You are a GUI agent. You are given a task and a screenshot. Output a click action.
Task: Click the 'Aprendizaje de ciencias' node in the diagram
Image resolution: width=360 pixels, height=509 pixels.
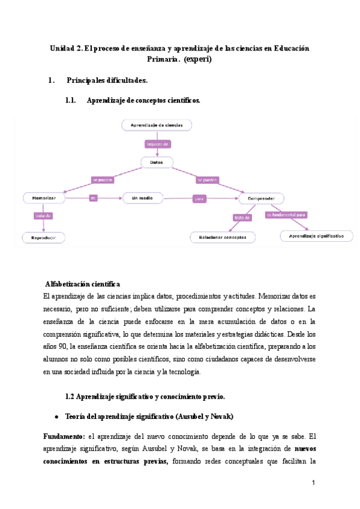[x=157, y=125]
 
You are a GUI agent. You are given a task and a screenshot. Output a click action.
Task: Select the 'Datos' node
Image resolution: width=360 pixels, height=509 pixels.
[x=157, y=162]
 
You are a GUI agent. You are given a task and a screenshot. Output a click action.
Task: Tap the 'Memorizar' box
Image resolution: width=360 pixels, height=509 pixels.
[x=44, y=197]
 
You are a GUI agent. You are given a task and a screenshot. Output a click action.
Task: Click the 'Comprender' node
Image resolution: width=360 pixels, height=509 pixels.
[x=262, y=197]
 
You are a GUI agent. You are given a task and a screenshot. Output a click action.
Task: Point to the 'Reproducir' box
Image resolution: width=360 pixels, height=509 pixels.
[x=43, y=238]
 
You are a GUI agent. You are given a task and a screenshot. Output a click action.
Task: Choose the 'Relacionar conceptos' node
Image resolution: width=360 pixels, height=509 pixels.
[x=223, y=237]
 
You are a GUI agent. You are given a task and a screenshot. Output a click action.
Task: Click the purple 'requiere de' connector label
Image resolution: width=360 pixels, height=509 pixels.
[x=158, y=144]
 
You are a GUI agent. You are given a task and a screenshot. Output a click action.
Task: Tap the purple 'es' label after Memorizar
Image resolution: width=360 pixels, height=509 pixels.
[x=93, y=197]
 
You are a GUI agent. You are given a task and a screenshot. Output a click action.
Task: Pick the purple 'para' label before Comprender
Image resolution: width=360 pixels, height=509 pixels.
[x=199, y=197]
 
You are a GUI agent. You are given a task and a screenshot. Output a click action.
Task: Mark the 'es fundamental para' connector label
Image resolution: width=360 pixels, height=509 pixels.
[x=287, y=214]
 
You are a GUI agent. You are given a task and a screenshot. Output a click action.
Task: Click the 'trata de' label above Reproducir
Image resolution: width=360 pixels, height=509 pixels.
[x=43, y=215]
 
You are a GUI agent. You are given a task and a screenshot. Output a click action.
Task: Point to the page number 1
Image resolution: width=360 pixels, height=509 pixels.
[x=313, y=483]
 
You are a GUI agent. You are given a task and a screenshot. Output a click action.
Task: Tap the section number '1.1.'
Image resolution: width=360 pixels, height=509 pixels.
[x=71, y=101]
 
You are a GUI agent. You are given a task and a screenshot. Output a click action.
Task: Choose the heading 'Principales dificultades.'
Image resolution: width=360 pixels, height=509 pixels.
[x=107, y=80]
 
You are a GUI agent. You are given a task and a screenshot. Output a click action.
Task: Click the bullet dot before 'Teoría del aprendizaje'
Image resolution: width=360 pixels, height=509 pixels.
[x=56, y=417]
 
